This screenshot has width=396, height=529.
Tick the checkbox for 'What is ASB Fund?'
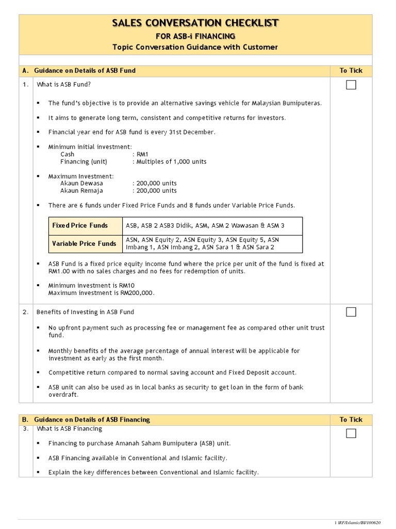(351, 85)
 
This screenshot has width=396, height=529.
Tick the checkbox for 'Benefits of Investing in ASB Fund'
(351, 312)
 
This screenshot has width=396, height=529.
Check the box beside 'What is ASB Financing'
(351, 433)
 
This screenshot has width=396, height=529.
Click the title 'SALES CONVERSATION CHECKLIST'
(195, 23)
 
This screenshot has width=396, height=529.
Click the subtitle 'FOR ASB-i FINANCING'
(195, 36)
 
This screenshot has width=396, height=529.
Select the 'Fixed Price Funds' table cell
(80, 225)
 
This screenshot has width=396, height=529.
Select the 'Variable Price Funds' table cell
(84, 243)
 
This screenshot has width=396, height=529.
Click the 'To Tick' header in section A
(351, 70)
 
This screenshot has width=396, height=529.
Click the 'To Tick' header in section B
(351, 419)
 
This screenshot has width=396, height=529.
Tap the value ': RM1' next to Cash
(140, 154)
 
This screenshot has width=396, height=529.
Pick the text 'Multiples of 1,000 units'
(171, 162)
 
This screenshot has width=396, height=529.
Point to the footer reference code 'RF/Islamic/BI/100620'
(361, 522)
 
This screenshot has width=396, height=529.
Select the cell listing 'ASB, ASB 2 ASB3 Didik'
(205, 225)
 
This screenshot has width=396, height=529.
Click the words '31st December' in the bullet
(193, 132)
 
